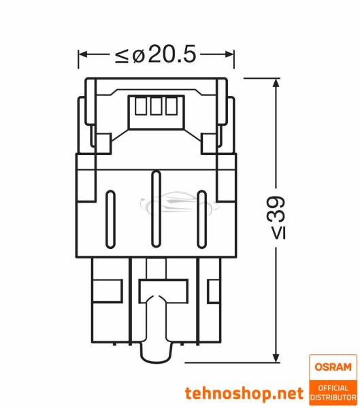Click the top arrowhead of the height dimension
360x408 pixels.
coord(276,82)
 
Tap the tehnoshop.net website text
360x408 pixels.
coord(244,392)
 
